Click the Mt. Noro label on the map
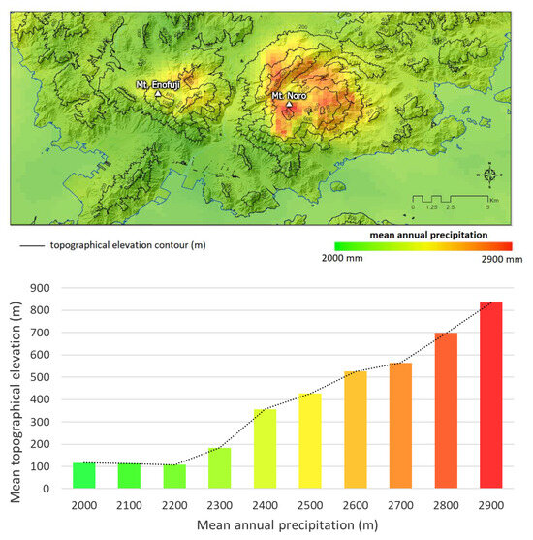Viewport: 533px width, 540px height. (x=288, y=96)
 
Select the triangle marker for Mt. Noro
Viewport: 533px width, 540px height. (x=288, y=105)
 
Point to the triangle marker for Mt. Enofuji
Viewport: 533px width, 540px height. (x=158, y=94)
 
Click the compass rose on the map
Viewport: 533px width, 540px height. (x=490, y=175)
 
